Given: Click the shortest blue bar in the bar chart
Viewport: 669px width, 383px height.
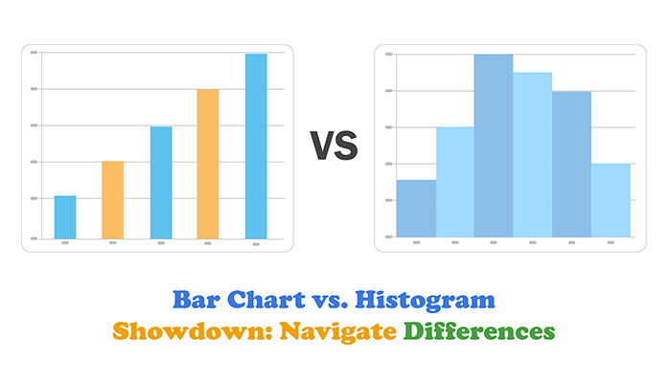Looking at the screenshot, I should [x=65, y=217].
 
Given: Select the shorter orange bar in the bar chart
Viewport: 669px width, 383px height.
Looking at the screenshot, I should [x=113, y=200].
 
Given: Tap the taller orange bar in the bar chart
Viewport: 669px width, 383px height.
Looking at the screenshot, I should [x=208, y=164].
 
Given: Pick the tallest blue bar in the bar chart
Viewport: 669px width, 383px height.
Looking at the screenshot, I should [x=256, y=146].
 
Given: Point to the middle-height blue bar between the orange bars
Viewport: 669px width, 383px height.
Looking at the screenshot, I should [x=161, y=182].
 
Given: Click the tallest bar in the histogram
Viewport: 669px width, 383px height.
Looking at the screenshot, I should [x=494, y=146].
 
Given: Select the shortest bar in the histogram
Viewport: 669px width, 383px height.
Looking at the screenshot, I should [x=416, y=209].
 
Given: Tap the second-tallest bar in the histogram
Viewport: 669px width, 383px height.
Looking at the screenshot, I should [x=532, y=155].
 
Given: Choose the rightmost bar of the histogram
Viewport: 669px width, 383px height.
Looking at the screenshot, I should [x=611, y=201].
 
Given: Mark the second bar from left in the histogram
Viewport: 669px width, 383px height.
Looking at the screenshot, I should [x=454, y=182].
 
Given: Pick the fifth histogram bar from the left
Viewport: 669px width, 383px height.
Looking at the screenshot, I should [x=571, y=165].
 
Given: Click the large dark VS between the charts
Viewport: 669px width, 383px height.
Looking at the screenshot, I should [x=334, y=146].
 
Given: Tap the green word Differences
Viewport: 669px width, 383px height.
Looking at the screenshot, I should [x=479, y=332].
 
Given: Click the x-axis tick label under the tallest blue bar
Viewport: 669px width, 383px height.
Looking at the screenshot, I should [x=256, y=244].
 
